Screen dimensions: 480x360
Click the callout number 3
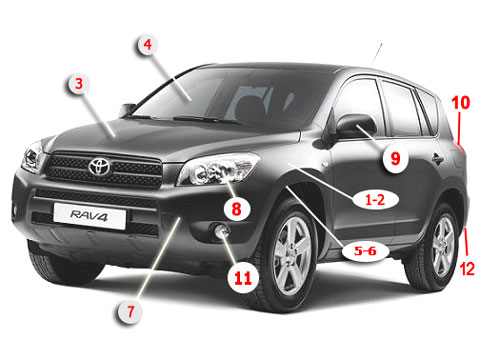coord(79,84)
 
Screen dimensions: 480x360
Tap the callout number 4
coord(148,45)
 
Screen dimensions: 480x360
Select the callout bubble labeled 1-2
coord(375,200)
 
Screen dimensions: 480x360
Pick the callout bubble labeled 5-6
coord(365,251)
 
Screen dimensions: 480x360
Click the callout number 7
coord(130,312)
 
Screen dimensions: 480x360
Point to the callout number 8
coord(236,209)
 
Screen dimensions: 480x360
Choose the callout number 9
coord(395,158)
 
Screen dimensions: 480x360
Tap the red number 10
coord(461,103)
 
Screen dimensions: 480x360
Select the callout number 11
coord(243,278)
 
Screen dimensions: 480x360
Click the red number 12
coord(467,269)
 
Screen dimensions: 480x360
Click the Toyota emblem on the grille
coord(100,166)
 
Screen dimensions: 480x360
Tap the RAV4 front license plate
coord(89,216)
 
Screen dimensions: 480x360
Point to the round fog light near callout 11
coord(222,231)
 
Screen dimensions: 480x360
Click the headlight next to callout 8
coord(218,169)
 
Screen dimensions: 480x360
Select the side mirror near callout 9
coord(354,127)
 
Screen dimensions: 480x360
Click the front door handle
coord(438,159)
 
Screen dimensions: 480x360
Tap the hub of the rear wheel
coord(443,247)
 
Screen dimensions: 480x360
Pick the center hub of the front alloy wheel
coord(292,255)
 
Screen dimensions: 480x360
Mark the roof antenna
coord(377,53)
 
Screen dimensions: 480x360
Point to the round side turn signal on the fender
coord(326,165)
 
